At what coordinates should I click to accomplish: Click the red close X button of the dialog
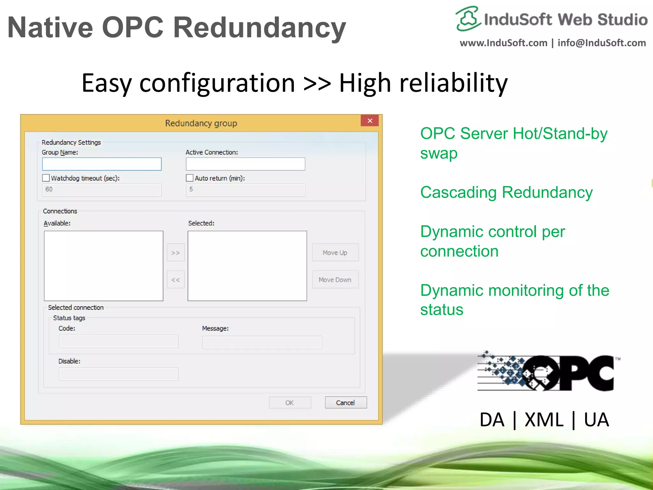click(370, 121)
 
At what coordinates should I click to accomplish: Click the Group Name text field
click(102, 164)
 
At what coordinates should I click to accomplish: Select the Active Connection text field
click(245, 164)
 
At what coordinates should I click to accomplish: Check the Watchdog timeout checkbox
click(46, 178)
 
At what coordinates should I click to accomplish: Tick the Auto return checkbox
click(190, 178)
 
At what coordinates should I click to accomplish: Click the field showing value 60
click(102, 189)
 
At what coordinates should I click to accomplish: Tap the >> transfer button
click(176, 253)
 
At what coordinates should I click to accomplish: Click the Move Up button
click(335, 253)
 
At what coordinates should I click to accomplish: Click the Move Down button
click(335, 280)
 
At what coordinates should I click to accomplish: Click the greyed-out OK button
click(290, 403)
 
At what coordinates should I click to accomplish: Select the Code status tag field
click(118, 341)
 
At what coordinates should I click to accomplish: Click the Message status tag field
click(262, 342)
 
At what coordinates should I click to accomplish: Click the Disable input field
click(118, 374)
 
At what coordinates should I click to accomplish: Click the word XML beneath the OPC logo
click(544, 420)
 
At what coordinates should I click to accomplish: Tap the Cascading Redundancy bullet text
click(506, 193)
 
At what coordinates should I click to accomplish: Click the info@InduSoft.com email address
click(602, 43)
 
